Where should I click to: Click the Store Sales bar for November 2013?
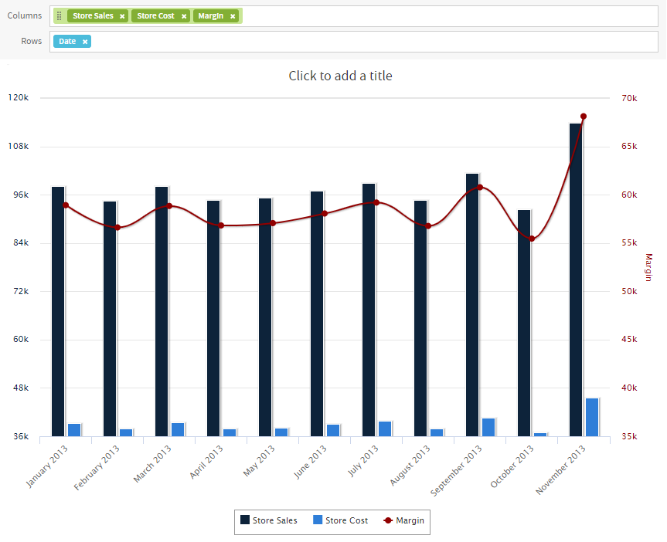tap(576, 279)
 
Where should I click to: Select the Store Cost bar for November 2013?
tap(592, 417)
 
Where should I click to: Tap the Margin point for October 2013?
tap(532, 239)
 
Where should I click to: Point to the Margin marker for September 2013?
tap(480, 187)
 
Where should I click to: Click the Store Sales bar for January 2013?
tap(58, 312)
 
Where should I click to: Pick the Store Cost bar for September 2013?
tap(488, 427)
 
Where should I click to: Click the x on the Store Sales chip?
tap(122, 16)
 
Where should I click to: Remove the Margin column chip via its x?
tap(233, 16)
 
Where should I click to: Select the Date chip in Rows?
tap(72, 41)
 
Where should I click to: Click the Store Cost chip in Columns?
tap(160, 15)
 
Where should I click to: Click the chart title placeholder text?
tap(340, 76)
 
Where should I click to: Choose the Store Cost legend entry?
tap(340, 520)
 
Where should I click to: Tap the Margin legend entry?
tap(403, 520)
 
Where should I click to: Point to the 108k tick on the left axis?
tap(19, 146)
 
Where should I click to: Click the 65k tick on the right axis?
tap(629, 146)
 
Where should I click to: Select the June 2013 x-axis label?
tap(310, 462)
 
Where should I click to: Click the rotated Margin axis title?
tap(648, 267)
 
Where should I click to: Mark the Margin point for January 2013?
tap(66, 205)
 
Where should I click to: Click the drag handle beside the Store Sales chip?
tap(60, 15)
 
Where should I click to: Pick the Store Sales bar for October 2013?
tap(524, 323)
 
